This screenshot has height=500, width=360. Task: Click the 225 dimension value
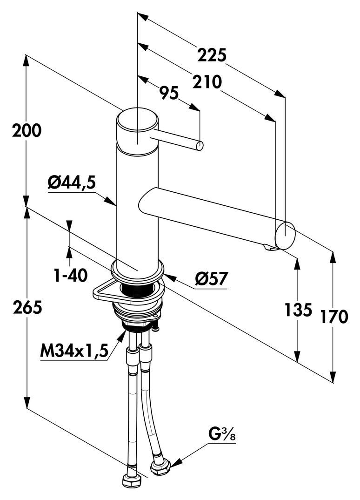tap(212, 55)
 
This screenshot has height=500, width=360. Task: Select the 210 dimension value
tap(206, 82)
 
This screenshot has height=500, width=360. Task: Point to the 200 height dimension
tap(27, 131)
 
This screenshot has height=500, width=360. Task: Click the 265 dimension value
tap(27, 307)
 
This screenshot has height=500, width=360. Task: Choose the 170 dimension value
tap(333, 317)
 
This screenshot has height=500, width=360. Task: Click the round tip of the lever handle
tap(200, 146)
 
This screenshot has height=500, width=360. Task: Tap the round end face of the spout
tap(285, 235)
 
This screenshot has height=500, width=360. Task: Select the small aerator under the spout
tap(269, 248)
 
